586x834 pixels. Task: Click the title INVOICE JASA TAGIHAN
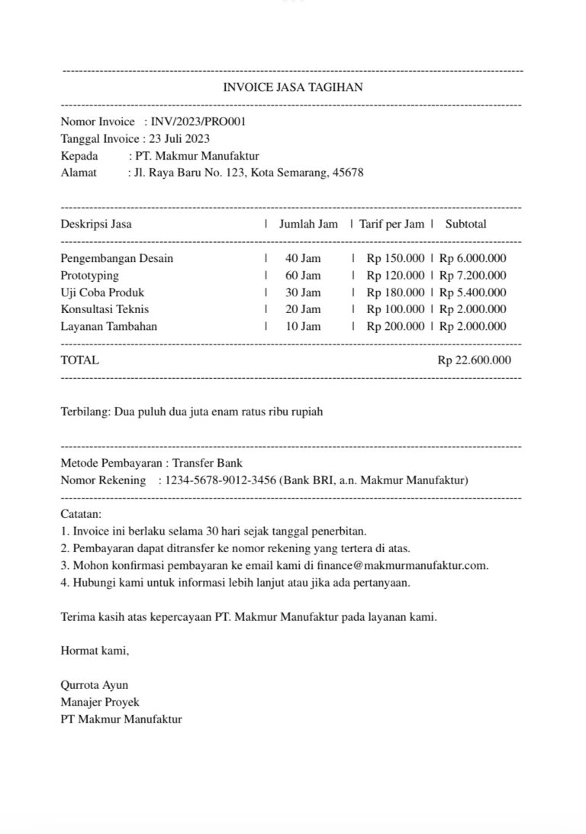click(292, 88)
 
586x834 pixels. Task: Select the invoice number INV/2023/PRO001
click(198, 121)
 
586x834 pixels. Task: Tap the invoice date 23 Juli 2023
click(177, 139)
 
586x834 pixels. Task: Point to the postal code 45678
click(348, 173)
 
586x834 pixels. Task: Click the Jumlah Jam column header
click(308, 225)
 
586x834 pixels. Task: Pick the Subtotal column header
click(465, 225)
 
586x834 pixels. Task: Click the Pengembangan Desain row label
click(117, 259)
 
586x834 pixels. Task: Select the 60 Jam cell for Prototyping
click(303, 276)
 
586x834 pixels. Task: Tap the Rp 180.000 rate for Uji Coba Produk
click(395, 293)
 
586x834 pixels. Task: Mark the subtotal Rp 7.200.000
click(473, 276)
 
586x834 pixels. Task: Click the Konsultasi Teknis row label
click(105, 309)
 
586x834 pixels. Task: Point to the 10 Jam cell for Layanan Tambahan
click(303, 327)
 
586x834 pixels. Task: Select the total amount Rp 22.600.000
click(475, 360)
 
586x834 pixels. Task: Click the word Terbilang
click(85, 412)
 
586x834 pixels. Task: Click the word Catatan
click(80, 515)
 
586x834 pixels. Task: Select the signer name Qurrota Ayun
click(95, 685)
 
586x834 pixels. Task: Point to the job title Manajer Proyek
click(100, 702)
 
